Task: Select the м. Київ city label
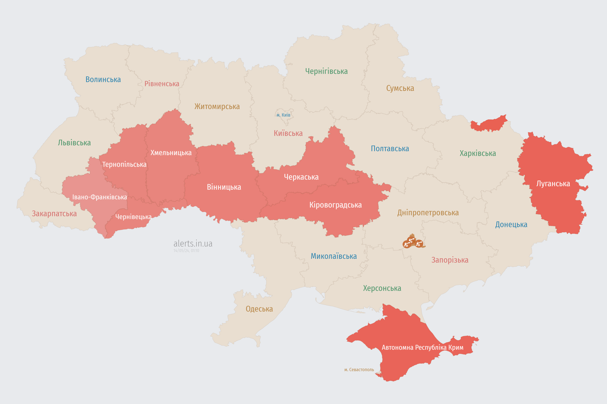point(283,115)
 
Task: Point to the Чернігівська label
point(326,71)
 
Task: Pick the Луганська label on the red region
point(553,184)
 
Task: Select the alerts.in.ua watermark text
point(193,244)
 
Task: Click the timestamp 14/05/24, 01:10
point(186,251)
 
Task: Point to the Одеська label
point(259,309)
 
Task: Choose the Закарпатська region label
point(54,214)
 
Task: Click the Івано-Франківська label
point(99,197)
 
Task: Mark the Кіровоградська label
point(335,205)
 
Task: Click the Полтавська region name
point(390,149)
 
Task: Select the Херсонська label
point(382,288)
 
